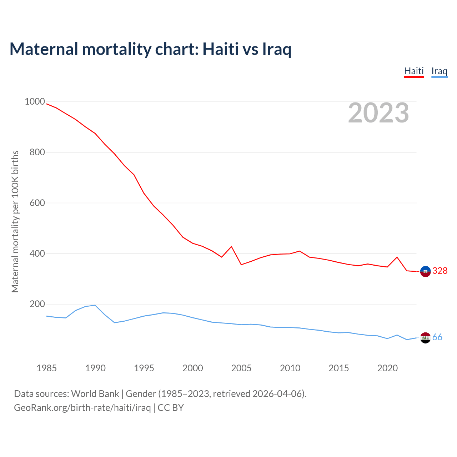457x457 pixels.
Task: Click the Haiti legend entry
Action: tap(414, 71)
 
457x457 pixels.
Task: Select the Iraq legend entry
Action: tap(439, 71)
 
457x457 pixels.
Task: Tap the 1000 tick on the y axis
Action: tap(35, 102)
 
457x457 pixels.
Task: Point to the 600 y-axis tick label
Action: tap(37, 203)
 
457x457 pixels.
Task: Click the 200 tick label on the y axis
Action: tap(37, 304)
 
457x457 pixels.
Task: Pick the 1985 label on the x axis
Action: tap(46, 368)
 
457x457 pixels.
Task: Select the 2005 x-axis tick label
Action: tap(241, 368)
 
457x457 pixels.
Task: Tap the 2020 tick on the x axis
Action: tap(387, 368)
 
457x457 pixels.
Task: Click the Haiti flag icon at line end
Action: tap(425, 271)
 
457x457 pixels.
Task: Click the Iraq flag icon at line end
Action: tap(425, 337)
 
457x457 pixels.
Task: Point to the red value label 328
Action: tap(440, 271)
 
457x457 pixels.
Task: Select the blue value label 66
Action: tap(437, 337)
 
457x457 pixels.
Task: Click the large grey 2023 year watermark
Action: tap(378, 113)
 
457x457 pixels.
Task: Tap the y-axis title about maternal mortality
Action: tap(15, 221)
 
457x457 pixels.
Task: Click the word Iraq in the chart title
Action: tap(277, 49)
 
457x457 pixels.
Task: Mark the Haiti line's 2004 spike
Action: tap(231, 246)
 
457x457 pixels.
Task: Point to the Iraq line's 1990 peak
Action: tap(95, 305)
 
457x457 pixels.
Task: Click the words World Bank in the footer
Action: tap(95, 394)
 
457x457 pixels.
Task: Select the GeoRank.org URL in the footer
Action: tap(82, 408)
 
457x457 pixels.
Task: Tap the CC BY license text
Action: tap(171, 408)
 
